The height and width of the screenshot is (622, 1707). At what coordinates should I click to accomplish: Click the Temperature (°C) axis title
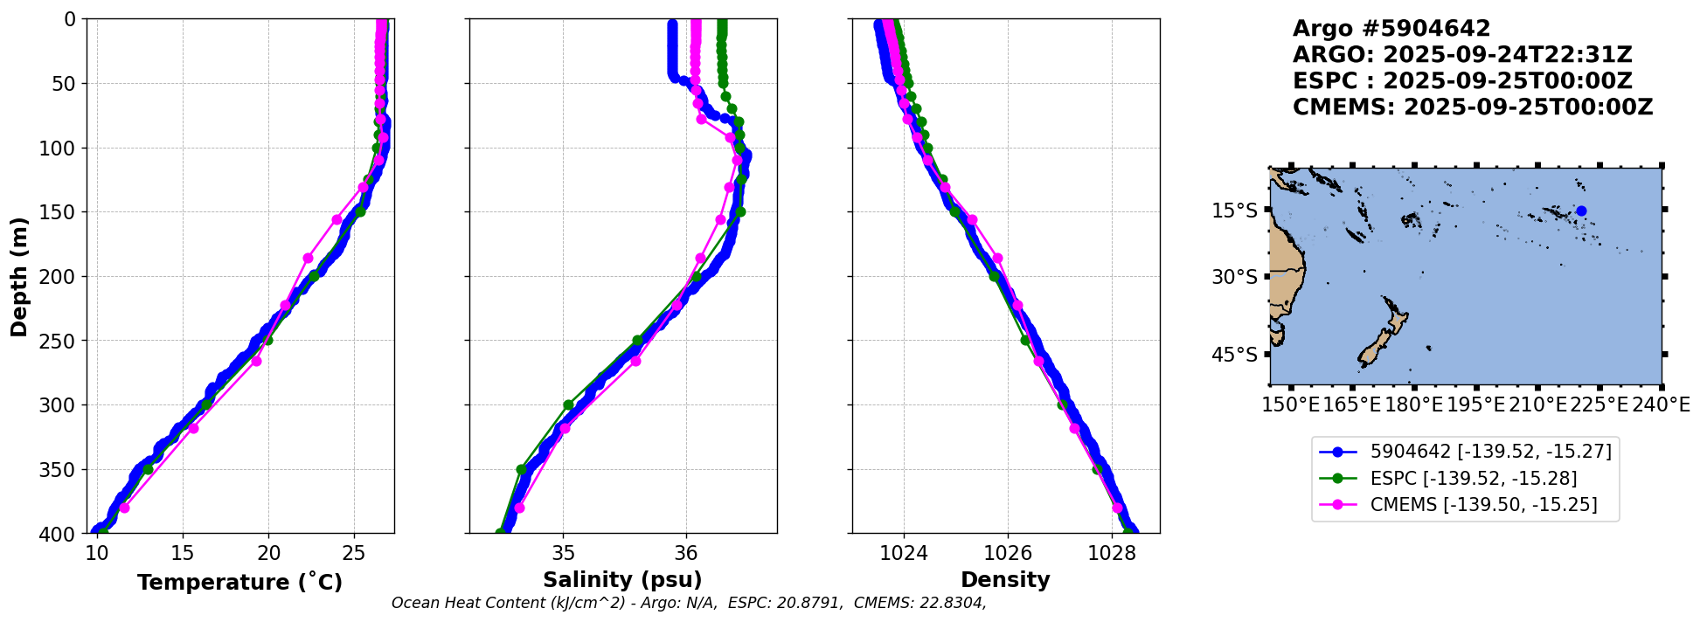point(239,583)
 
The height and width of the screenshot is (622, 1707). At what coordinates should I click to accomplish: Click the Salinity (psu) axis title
point(622,580)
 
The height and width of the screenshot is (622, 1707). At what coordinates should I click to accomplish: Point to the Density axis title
point(1005,580)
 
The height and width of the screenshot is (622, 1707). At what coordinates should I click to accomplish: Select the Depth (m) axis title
point(19,276)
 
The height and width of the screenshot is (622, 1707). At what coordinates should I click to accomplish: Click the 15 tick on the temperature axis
point(182,552)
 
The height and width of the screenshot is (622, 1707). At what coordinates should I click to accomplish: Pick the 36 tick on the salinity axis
point(686,552)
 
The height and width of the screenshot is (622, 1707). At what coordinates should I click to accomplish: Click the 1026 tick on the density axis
point(1007,552)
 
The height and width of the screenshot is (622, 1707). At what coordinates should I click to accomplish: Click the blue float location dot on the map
point(1581,211)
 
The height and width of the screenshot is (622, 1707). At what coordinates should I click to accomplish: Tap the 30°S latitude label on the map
point(1234,277)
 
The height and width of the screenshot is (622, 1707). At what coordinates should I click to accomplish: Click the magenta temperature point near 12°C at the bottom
point(124,508)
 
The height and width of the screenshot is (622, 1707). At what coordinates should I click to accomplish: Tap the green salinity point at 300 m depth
point(568,404)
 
